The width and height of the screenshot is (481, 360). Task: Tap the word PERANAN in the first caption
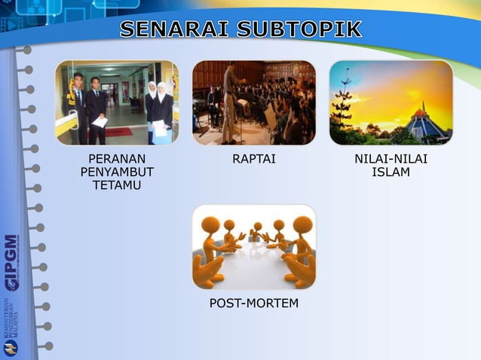click(117, 159)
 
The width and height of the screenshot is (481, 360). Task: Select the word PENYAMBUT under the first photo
click(117, 172)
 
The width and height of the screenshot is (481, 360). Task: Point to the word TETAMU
click(117, 186)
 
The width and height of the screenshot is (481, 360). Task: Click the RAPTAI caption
click(254, 159)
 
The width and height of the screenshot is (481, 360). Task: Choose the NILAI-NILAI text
click(391, 159)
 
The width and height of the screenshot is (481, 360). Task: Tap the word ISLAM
click(391, 172)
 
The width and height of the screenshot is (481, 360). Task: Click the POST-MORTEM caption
click(254, 304)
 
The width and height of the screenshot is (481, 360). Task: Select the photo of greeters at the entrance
click(117, 102)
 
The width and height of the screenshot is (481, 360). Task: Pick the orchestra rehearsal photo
click(254, 102)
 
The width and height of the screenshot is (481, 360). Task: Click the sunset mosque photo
click(391, 102)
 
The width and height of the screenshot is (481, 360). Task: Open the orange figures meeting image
click(254, 247)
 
